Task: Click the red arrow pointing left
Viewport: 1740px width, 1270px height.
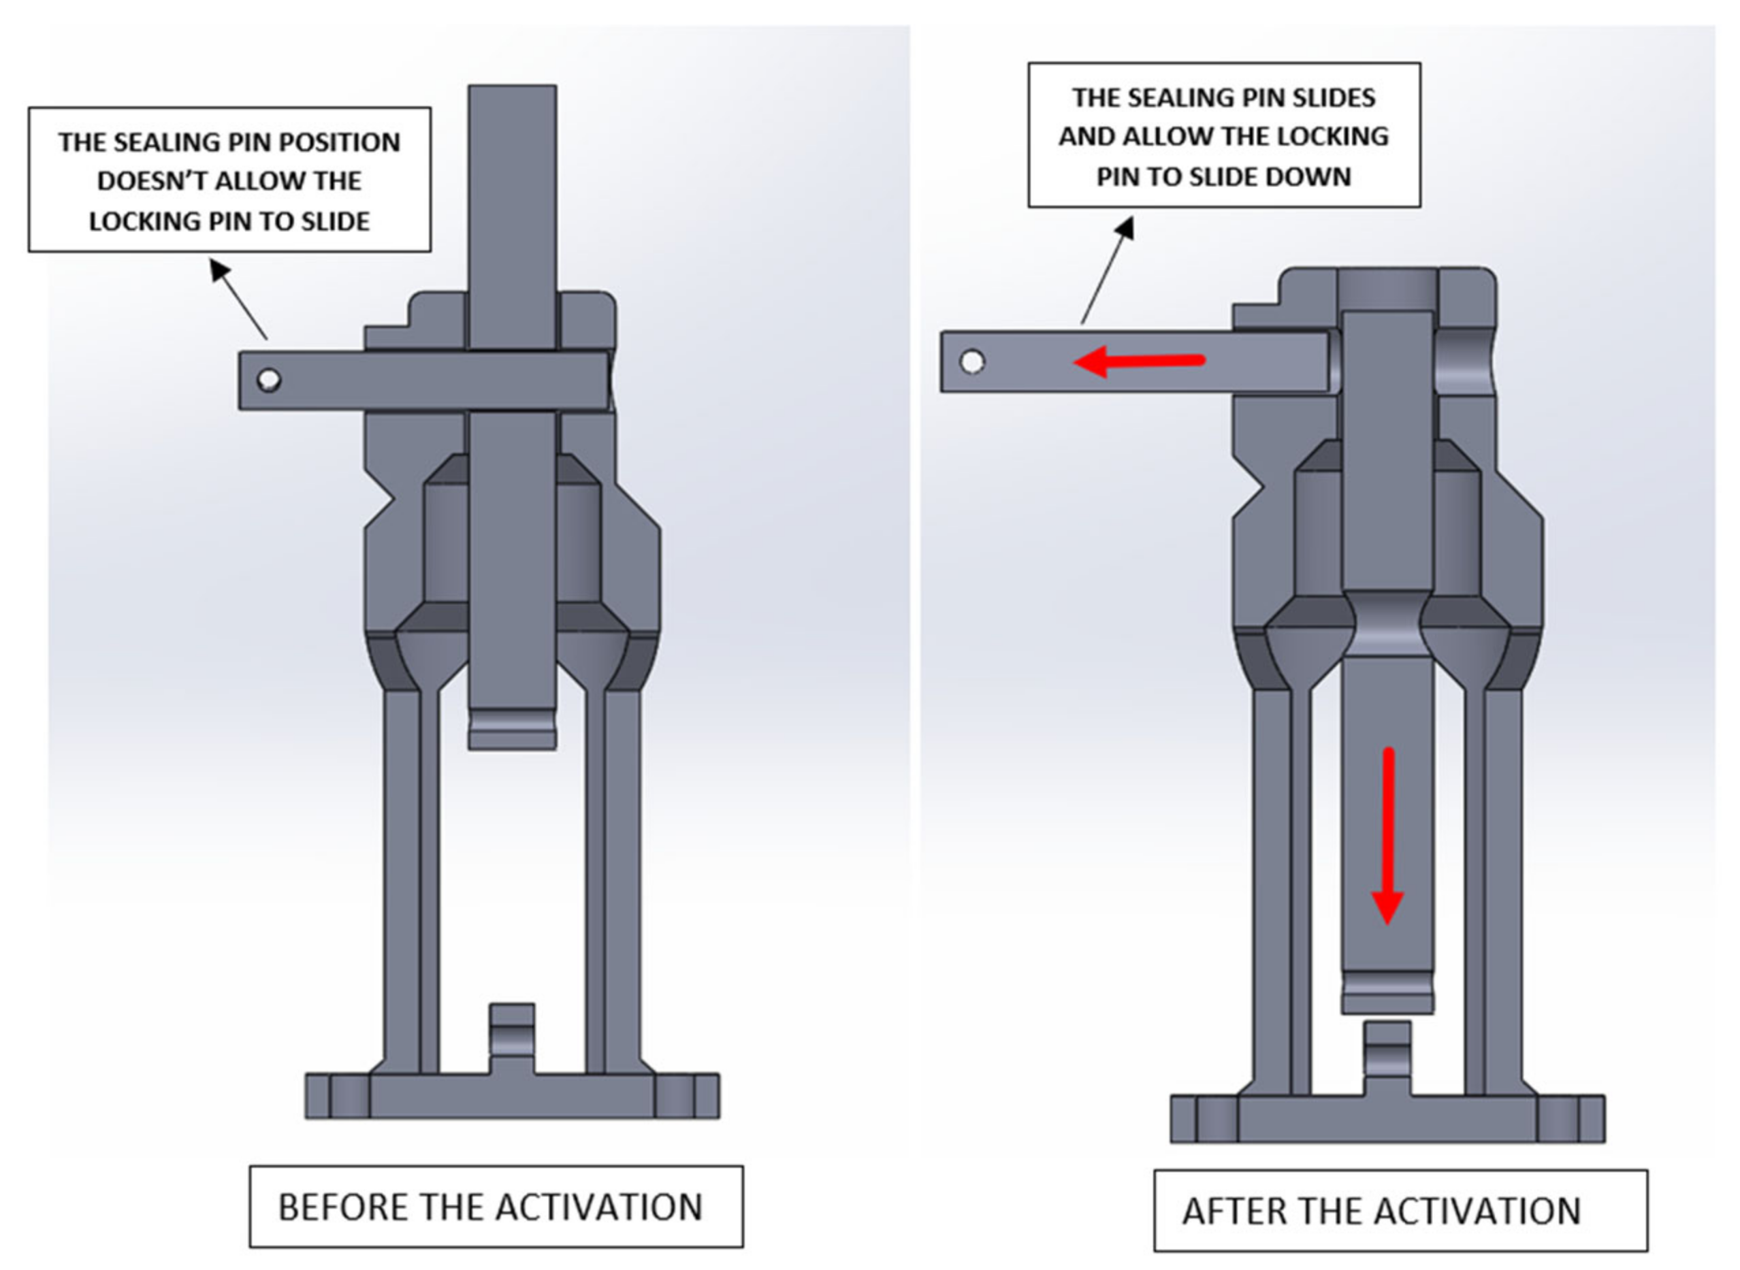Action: coord(1138,361)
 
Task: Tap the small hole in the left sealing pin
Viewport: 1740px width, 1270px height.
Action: coord(268,379)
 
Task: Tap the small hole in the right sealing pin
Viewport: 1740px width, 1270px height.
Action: coord(972,361)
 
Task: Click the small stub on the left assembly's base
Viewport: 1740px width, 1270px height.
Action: coord(511,1038)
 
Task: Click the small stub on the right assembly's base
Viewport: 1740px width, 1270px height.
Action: coord(1387,1057)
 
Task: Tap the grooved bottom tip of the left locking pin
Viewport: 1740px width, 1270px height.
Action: coord(511,728)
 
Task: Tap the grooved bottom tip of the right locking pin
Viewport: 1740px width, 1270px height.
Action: coord(1387,992)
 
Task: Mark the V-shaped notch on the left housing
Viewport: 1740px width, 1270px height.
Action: coord(385,500)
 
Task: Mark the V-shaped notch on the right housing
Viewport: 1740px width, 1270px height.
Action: coord(1253,486)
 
